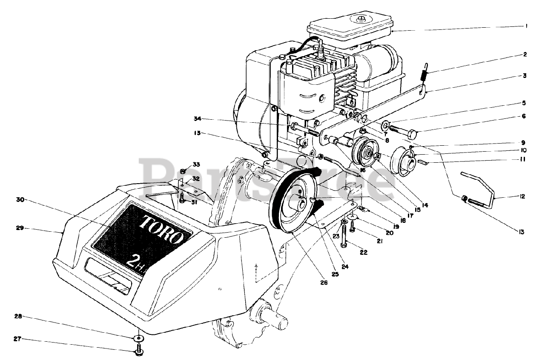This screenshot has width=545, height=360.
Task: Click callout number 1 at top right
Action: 526,26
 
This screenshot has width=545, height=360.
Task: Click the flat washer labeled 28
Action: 138,338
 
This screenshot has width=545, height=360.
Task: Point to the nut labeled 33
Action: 183,171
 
